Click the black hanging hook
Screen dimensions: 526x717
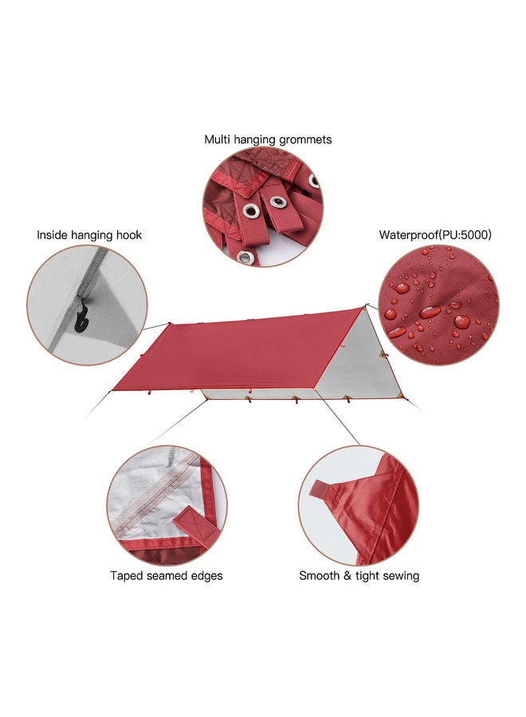point(81,319)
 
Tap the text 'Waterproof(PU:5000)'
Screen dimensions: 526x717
point(435,235)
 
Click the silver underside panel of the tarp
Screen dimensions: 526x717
point(361,361)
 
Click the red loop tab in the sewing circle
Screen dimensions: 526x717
point(324,491)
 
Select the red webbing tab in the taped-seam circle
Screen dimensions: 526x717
point(197,527)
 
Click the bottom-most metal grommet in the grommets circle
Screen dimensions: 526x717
point(245,257)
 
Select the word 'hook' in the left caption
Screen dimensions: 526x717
point(129,235)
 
